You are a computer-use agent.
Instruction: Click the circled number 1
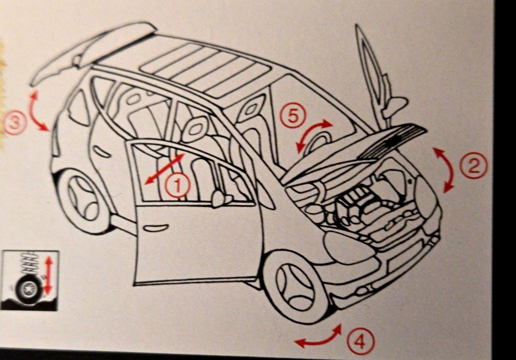(178, 186)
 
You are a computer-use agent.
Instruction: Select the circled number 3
(14, 123)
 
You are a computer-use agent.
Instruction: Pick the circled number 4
(361, 342)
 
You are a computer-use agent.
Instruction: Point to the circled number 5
(292, 116)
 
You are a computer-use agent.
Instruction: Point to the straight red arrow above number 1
(165, 168)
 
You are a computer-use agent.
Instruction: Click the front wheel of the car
(294, 285)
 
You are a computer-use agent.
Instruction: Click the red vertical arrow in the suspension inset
(49, 276)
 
